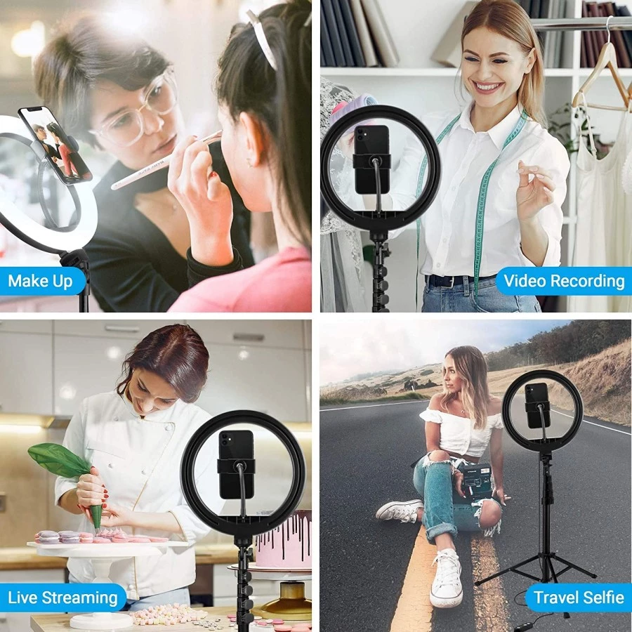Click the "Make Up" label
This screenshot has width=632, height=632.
(x=40, y=281)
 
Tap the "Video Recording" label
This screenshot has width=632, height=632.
(x=564, y=280)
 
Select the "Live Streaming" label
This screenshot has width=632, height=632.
(x=62, y=598)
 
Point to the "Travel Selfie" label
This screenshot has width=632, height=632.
(x=579, y=598)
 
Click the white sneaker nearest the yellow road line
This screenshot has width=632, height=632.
(x=445, y=578)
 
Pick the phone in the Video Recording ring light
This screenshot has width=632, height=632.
(x=372, y=159)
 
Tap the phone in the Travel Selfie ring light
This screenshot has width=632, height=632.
(x=537, y=406)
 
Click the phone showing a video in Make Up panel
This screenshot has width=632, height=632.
(x=55, y=144)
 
